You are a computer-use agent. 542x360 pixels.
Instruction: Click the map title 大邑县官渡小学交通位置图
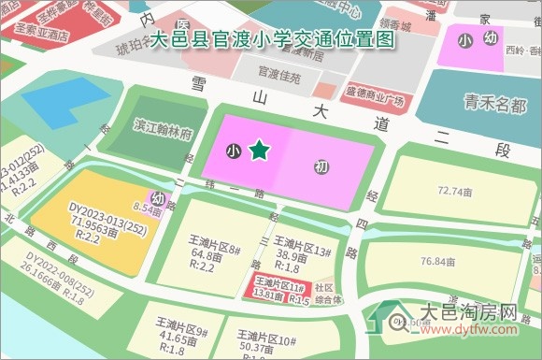pyautogui.click(x=272, y=41)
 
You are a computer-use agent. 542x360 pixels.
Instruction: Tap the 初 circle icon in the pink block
pyautogui.click(x=321, y=167)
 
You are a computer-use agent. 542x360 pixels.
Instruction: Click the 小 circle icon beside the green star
pyautogui.click(x=233, y=150)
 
